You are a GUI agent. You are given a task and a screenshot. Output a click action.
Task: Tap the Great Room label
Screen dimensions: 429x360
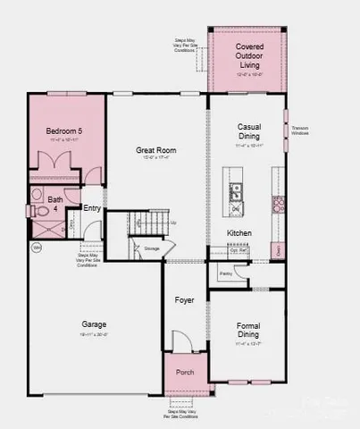point(153,150)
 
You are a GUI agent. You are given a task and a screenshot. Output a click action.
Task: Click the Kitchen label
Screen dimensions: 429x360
point(239,233)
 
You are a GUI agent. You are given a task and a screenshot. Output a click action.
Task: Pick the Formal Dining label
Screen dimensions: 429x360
point(247,330)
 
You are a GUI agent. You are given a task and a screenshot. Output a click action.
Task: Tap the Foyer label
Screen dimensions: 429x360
point(184,300)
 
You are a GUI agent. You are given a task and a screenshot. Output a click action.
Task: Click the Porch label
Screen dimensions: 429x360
point(184,372)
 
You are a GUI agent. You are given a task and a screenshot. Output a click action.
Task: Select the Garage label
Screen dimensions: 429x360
point(94,324)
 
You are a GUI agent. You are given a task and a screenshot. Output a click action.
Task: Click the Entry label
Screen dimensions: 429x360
point(91,208)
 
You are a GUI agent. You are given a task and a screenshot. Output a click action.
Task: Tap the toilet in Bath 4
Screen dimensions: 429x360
point(34,211)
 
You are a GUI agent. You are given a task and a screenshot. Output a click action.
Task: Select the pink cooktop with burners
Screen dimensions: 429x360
point(278,204)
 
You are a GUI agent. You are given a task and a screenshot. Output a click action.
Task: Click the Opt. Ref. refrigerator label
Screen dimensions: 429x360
point(239,251)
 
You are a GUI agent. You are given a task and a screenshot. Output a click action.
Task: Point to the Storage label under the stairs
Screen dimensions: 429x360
point(152,248)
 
